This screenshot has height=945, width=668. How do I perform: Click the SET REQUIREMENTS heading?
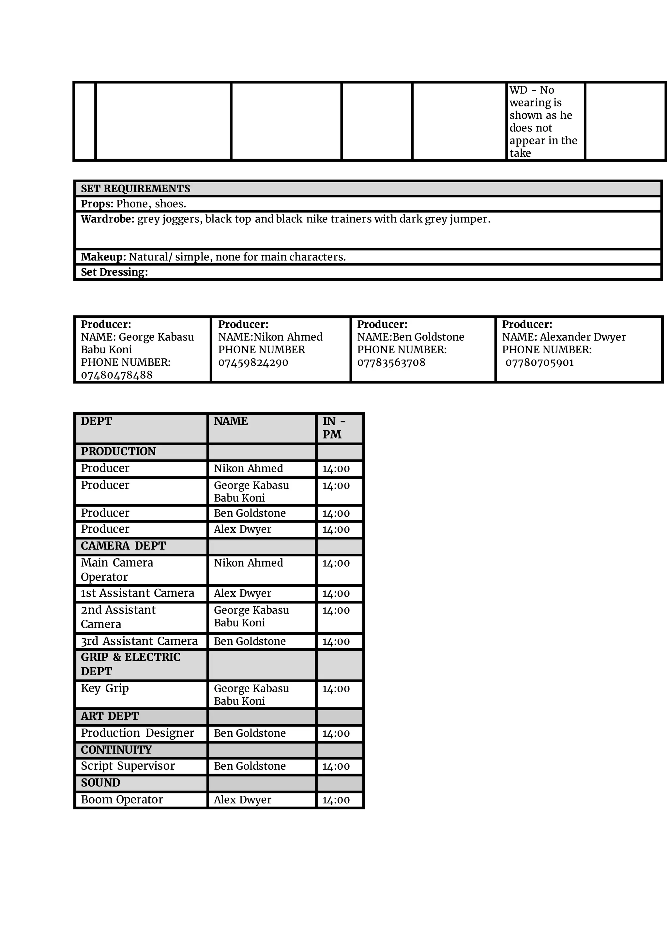pos(135,189)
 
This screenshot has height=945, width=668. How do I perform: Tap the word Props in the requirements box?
pos(96,204)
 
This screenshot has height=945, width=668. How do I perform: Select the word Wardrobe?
pos(107,219)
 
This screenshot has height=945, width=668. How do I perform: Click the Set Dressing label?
pos(114,272)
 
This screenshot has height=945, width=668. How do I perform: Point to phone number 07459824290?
pos(253,363)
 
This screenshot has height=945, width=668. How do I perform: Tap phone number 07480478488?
pos(116,375)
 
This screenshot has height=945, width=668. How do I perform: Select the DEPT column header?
pos(96,421)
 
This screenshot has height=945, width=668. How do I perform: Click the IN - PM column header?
pos(334,427)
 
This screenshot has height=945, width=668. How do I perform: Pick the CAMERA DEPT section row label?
pos(123,546)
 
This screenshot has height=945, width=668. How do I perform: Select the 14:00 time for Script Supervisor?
pos(336,767)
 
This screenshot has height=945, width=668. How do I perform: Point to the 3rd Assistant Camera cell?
pos(139,642)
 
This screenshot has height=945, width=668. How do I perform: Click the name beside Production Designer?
pos(250,733)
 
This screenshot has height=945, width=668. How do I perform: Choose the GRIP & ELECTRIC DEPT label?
pos(130,664)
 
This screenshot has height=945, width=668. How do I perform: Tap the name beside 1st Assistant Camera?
pos(242,593)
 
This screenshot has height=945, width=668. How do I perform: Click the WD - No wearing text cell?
pos(543,121)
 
